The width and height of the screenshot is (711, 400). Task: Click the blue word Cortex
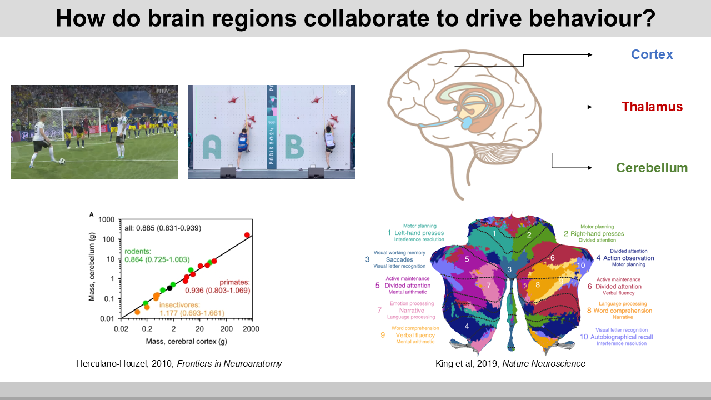(652, 54)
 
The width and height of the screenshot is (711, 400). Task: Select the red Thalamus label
(652, 107)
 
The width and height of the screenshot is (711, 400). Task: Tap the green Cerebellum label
(652, 168)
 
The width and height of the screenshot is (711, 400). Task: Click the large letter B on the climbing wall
(294, 146)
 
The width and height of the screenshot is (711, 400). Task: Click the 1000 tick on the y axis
(106, 219)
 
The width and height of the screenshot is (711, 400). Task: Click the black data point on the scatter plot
(169, 288)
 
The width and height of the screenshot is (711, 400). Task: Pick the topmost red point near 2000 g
(247, 235)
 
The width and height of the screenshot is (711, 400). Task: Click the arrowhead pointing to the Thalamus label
(590, 107)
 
